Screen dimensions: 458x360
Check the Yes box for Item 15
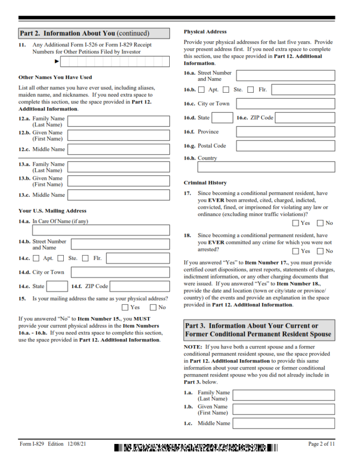125,308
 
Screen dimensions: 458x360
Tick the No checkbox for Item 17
320,223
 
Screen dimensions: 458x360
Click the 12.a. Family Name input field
119,122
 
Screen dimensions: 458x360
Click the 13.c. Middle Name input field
119,195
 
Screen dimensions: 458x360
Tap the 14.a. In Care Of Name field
101,230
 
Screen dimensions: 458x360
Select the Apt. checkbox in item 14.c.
36,258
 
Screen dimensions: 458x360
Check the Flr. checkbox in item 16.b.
251,89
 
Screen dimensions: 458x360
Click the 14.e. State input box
58,286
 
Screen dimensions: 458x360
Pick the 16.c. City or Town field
285,103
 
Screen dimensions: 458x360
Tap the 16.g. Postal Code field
285,146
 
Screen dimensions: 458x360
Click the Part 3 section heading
259,330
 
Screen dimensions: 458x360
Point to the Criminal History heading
205,183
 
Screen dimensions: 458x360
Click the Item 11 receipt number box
115,62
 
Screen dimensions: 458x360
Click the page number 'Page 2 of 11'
321,444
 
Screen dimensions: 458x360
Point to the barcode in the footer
195,447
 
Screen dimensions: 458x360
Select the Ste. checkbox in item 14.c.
60,258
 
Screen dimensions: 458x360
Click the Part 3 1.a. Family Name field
284,395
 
